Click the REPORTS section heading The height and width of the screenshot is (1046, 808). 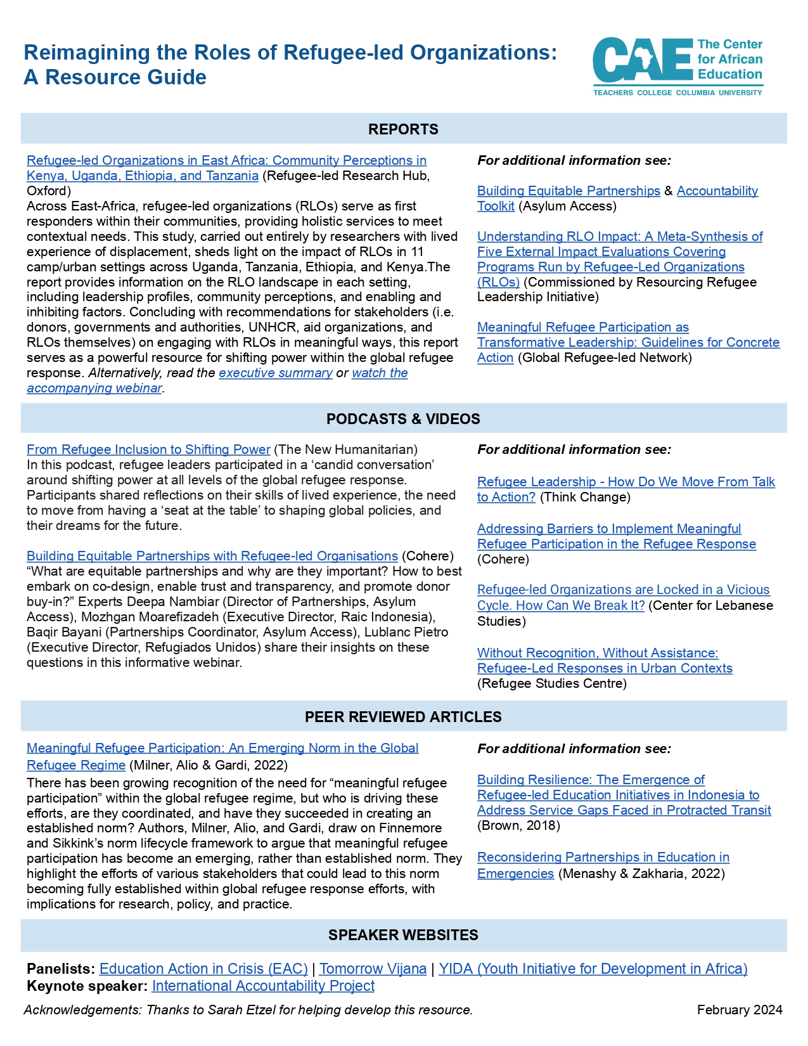[403, 129]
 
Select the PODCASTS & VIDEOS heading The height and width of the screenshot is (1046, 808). [403, 419]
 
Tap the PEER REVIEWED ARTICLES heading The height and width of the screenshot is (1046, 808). [403, 717]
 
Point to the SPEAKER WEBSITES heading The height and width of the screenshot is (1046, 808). [403, 935]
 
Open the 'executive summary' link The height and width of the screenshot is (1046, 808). [276, 373]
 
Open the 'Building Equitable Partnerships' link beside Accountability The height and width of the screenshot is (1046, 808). [568, 191]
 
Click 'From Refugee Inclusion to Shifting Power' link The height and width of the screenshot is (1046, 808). [148, 449]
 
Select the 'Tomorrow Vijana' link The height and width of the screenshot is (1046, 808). [373, 969]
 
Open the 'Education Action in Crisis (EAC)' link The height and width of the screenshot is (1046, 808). [203, 969]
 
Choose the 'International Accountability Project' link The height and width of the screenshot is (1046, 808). [263, 986]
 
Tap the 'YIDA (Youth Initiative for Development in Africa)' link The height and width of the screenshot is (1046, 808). [593, 969]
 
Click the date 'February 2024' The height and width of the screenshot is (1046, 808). [740, 1010]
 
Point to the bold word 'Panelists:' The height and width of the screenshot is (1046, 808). [61, 969]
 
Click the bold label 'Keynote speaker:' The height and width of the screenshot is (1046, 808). [87, 986]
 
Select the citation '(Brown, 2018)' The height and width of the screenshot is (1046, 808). [518, 825]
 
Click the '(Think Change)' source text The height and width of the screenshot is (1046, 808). [585, 497]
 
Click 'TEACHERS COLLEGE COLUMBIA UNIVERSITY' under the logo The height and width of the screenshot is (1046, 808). [677, 93]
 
